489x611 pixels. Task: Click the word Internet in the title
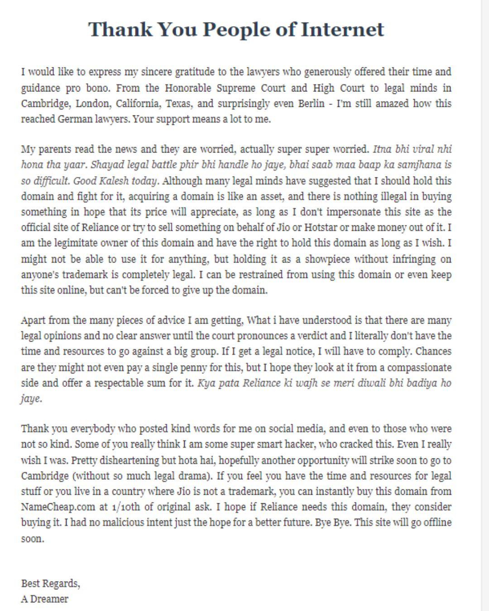pos(342,30)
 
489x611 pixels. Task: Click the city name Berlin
pos(311,104)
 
